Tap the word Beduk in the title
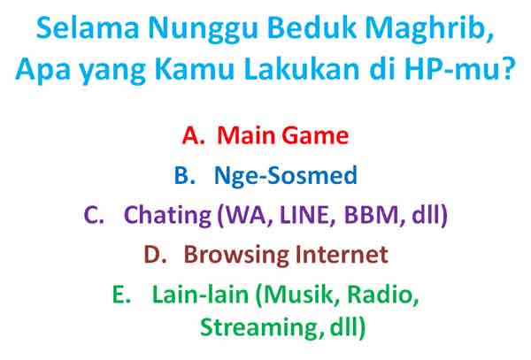[282, 29]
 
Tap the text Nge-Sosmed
[285, 176]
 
